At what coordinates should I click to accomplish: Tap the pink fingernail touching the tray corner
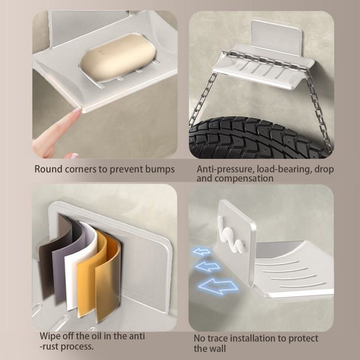click(77, 112)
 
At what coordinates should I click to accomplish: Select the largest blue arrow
click(218, 286)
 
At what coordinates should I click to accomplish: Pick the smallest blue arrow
click(202, 252)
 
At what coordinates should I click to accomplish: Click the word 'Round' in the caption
click(49, 169)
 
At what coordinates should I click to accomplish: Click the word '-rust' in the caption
click(49, 346)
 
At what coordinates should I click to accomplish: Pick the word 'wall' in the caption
click(218, 348)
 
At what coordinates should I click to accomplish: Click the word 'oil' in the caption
click(97, 336)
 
